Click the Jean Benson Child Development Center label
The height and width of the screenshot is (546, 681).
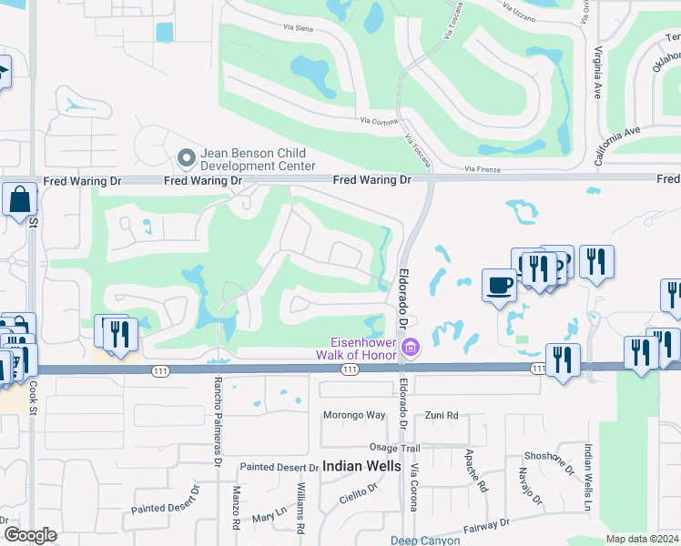point(257,160)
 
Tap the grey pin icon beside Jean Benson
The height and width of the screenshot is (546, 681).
point(187,158)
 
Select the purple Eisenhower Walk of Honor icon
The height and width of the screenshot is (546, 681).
point(410,347)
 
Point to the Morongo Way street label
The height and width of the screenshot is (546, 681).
point(354,415)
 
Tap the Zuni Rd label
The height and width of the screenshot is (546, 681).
point(442,415)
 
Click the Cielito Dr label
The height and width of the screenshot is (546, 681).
point(360,491)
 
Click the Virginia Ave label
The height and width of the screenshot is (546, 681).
point(598,73)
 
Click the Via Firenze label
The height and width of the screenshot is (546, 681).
point(483,168)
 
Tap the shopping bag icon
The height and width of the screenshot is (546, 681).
point(19,198)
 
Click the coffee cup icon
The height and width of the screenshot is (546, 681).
point(498,285)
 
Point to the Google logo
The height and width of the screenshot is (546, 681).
point(30,535)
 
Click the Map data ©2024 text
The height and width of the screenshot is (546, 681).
point(642,539)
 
